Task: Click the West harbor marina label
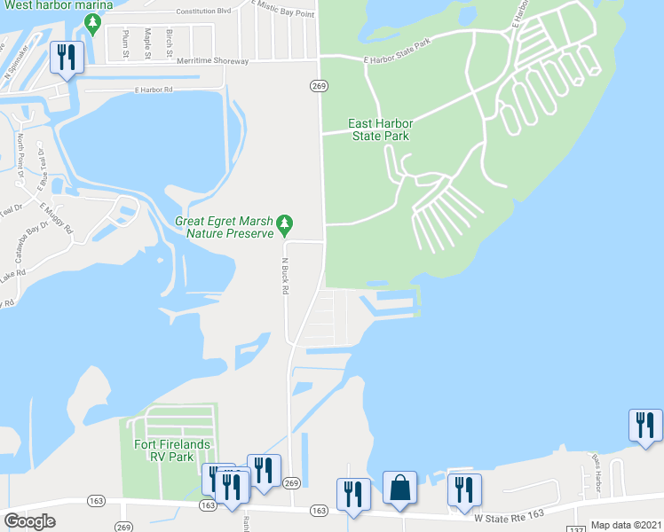[56, 5]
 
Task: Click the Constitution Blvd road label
[203, 12]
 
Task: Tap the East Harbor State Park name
[380, 129]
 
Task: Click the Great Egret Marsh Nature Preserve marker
[284, 223]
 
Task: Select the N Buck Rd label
[286, 277]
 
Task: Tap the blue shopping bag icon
[399, 489]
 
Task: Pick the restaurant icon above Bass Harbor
[645, 426]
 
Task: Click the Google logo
[29, 521]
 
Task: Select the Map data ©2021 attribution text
[627, 525]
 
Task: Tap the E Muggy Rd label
[55, 216]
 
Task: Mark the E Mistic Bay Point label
[283, 10]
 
